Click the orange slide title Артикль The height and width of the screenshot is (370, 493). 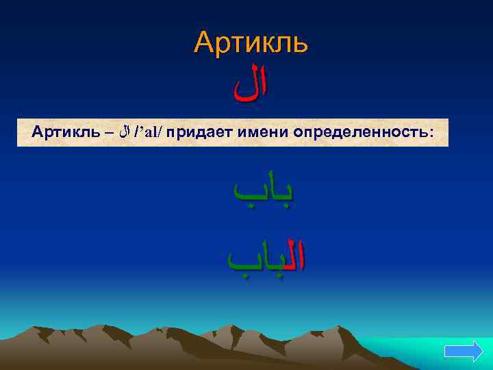pos(251,42)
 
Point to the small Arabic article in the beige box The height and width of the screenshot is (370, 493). pos(124,131)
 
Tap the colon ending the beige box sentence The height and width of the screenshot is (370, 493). pos(431,132)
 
